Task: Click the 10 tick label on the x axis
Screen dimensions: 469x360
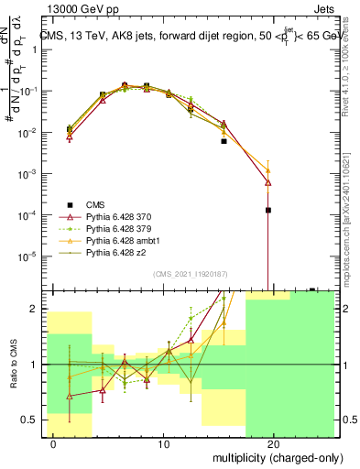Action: click(164, 444)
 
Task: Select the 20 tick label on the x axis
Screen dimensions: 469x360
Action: click(273, 444)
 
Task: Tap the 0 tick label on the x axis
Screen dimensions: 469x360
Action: click(54, 444)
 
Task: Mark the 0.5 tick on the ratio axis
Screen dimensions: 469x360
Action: click(29, 420)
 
